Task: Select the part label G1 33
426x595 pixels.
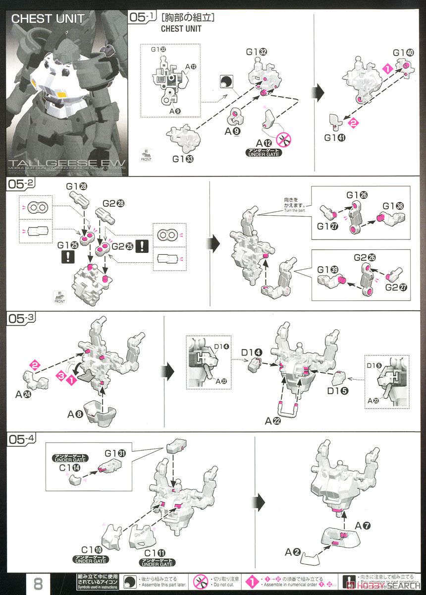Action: click(x=181, y=160)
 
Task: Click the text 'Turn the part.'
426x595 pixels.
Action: click(x=296, y=210)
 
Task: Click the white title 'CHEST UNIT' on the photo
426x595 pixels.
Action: click(x=48, y=19)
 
